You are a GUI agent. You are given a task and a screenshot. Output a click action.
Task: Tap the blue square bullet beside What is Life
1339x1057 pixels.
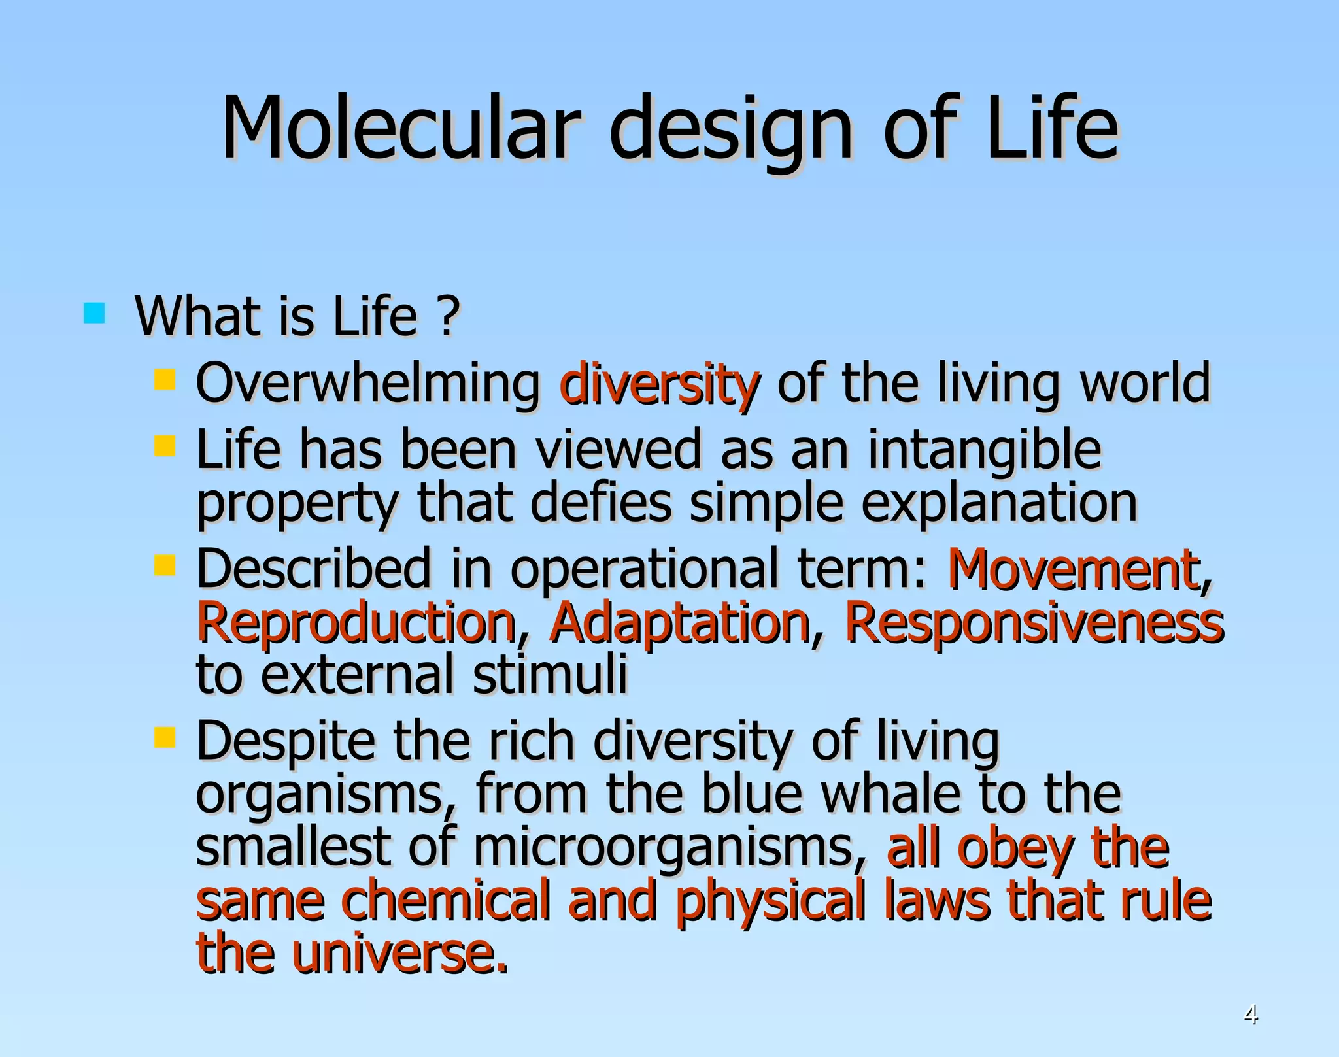click(x=95, y=313)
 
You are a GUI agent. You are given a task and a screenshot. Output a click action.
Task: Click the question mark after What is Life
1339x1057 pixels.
click(x=447, y=316)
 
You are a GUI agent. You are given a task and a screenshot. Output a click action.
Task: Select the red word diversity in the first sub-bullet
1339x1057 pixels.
click(x=659, y=385)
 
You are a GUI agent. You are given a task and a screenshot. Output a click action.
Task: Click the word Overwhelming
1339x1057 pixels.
click(x=367, y=385)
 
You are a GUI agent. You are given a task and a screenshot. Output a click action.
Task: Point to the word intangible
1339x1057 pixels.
click(x=984, y=452)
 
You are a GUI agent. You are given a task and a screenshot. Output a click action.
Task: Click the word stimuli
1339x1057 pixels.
click(x=549, y=675)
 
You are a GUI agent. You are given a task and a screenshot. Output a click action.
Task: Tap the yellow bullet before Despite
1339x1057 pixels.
click(x=165, y=737)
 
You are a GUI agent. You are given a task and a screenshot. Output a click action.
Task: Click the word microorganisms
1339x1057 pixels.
click(x=663, y=848)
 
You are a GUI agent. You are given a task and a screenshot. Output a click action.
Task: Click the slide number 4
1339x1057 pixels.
click(x=1250, y=1015)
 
